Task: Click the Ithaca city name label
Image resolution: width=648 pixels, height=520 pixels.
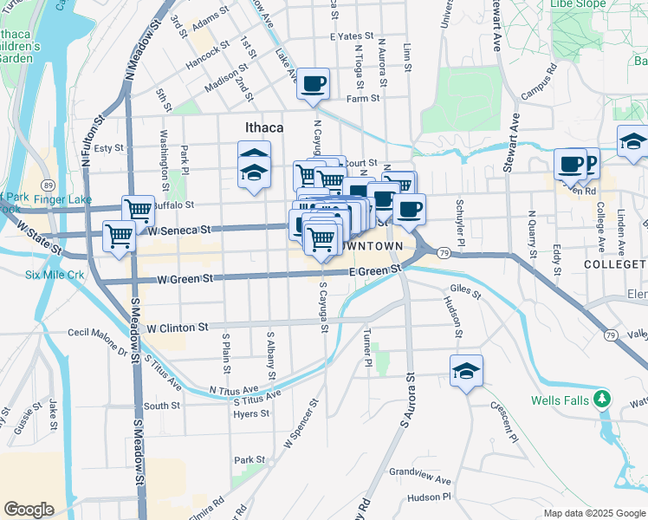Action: (264, 128)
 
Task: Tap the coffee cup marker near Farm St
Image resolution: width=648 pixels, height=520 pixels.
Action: (313, 84)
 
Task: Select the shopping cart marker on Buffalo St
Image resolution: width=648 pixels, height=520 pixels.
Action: (138, 209)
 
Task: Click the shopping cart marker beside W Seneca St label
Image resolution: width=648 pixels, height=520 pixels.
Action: (119, 235)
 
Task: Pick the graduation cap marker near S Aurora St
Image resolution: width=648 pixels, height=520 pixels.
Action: (466, 370)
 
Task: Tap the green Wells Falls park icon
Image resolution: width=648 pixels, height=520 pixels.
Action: (605, 400)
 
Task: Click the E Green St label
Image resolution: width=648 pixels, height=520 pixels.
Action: (375, 271)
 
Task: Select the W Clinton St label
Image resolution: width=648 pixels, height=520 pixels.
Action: (178, 328)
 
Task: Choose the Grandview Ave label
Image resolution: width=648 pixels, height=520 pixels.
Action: (420, 479)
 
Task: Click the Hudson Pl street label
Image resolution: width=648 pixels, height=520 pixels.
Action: (429, 497)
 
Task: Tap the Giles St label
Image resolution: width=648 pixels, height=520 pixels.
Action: (465, 294)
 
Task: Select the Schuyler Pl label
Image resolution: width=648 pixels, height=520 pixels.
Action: (461, 223)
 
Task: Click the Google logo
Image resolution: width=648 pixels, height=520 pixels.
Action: (29, 510)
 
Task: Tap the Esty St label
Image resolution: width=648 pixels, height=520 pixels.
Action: (109, 148)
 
